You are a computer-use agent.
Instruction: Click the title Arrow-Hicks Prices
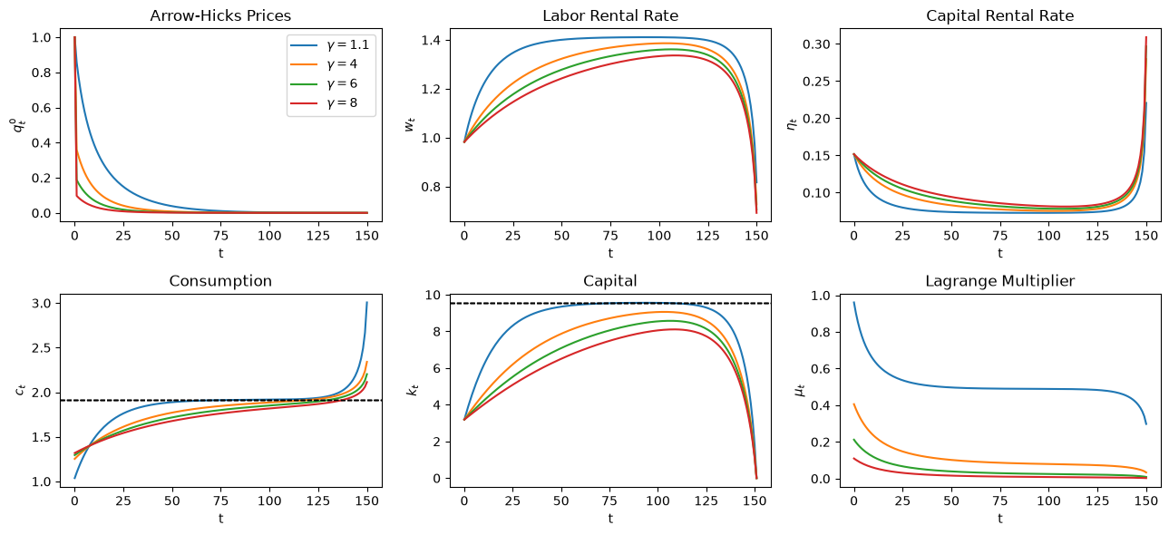click(x=220, y=15)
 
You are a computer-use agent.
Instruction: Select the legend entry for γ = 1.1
click(x=329, y=45)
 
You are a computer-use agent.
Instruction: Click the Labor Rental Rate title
click(x=610, y=15)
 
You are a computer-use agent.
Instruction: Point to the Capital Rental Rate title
click(x=1000, y=15)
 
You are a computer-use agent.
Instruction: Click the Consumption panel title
click(x=220, y=281)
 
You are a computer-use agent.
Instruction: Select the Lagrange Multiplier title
click(x=1000, y=281)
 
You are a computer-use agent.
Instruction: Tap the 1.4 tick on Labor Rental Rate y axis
click(x=432, y=41)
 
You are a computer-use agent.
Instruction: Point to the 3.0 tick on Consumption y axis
click(x=42, y=303)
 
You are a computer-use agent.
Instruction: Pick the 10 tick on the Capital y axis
click(x=433, y=295)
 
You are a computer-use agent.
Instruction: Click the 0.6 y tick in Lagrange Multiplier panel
click(x=822, y=369)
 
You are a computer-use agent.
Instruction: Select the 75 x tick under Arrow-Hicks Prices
click(x=220, y=236)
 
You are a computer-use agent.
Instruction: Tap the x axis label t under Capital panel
click(x=610, y=519)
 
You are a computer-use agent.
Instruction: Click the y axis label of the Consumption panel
click(x=20, y=389)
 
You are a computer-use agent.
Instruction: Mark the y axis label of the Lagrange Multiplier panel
click(x=800, y=390)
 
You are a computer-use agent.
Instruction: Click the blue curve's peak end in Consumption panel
click(x=367, y=302)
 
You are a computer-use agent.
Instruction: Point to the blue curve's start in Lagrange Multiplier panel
click(x=853, y=302)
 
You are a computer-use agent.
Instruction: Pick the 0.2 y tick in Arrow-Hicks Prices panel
click(x=42, y=178)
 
